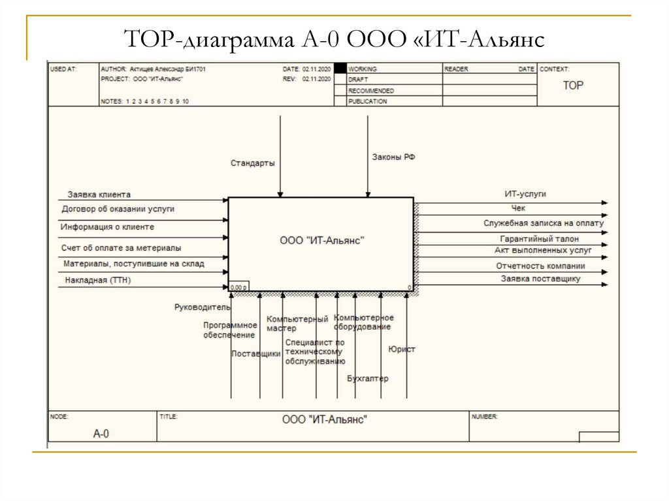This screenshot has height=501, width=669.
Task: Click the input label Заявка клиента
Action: [x=99, y=195]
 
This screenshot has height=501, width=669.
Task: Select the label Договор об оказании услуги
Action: [x=118, y=209]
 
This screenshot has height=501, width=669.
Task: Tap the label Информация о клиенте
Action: [x=107, y=227]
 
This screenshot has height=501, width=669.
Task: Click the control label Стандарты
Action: [x=252, y=162]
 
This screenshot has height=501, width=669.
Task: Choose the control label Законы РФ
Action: [x=394, y=157]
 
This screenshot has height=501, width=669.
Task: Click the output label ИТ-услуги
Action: [x=525, y=194]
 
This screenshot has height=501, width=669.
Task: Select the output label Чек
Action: [x=518, y=208]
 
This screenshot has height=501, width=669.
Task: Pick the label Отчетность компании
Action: [x=540, y=266]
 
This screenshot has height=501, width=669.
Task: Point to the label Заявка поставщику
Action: [x=540, y=279]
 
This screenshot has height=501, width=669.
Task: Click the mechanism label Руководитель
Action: [x=203, y=306]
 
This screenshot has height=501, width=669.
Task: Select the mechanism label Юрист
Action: [x=402, y=349]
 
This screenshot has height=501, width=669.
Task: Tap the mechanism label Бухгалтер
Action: [x=367, y=378]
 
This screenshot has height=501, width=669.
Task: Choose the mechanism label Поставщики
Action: [x=256, y=353]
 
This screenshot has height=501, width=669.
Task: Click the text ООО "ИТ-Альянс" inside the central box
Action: [x=321, y=240]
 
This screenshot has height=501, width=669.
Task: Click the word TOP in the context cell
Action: [x=574, y=85]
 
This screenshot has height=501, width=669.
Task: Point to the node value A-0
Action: [x=101, y=433]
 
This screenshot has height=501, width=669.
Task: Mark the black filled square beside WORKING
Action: [x=340, y=69]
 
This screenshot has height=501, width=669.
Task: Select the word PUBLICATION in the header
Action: [x=368, y=101]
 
